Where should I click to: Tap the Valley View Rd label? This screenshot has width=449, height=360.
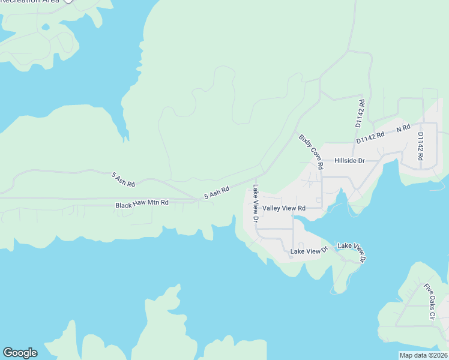click(284, 208)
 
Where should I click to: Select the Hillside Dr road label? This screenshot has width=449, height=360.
click(349, 161)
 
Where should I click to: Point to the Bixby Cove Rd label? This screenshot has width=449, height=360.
click(312, 151)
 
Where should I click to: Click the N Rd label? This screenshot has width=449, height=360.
click(403, 128)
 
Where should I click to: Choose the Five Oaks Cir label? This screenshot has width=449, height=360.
click(429, 302)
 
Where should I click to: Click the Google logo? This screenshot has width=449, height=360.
click(20, 353)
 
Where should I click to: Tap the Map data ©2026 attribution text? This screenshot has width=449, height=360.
click(423, 355)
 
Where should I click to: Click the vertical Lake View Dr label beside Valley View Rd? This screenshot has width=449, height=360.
click(256, 203)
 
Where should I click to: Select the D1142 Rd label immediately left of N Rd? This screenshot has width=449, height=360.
click(370, 137)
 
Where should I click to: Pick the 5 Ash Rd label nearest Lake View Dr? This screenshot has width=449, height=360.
click(217, 193)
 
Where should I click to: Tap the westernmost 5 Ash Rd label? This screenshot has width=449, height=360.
click(123, 179)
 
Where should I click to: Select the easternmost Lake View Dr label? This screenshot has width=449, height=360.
click(352, 251)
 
